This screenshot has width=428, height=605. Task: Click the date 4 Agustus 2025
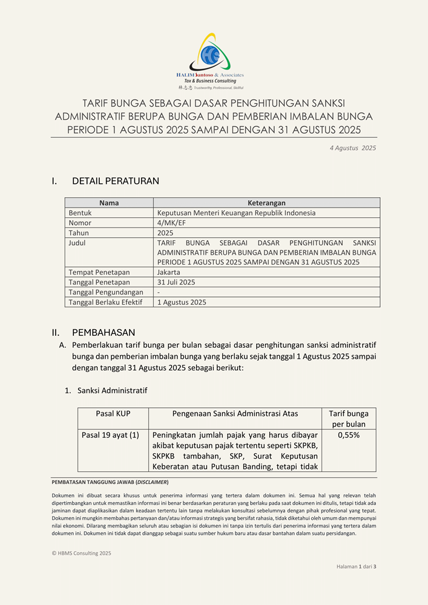click(352, 148)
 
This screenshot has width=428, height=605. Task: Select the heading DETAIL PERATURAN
click(115, 181)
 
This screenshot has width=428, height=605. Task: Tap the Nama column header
click(109, 203)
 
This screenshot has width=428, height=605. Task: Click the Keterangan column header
click(266, 203)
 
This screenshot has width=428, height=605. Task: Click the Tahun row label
click(79, 232)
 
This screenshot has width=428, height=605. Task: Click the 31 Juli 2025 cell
click(176, 282)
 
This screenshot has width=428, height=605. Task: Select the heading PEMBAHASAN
click(104, 333)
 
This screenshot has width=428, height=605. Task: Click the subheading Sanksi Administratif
click(112, 391)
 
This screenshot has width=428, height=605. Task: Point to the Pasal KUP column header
click(113, 414)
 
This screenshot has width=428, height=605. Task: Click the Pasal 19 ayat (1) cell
click(110, 435)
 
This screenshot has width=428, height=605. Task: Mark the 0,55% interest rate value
click(349, 435)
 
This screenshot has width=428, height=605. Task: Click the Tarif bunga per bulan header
click(349, 419)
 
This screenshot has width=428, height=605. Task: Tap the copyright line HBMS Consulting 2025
click(82, 553)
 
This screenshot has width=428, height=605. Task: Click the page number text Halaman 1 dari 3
click(357, 566)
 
